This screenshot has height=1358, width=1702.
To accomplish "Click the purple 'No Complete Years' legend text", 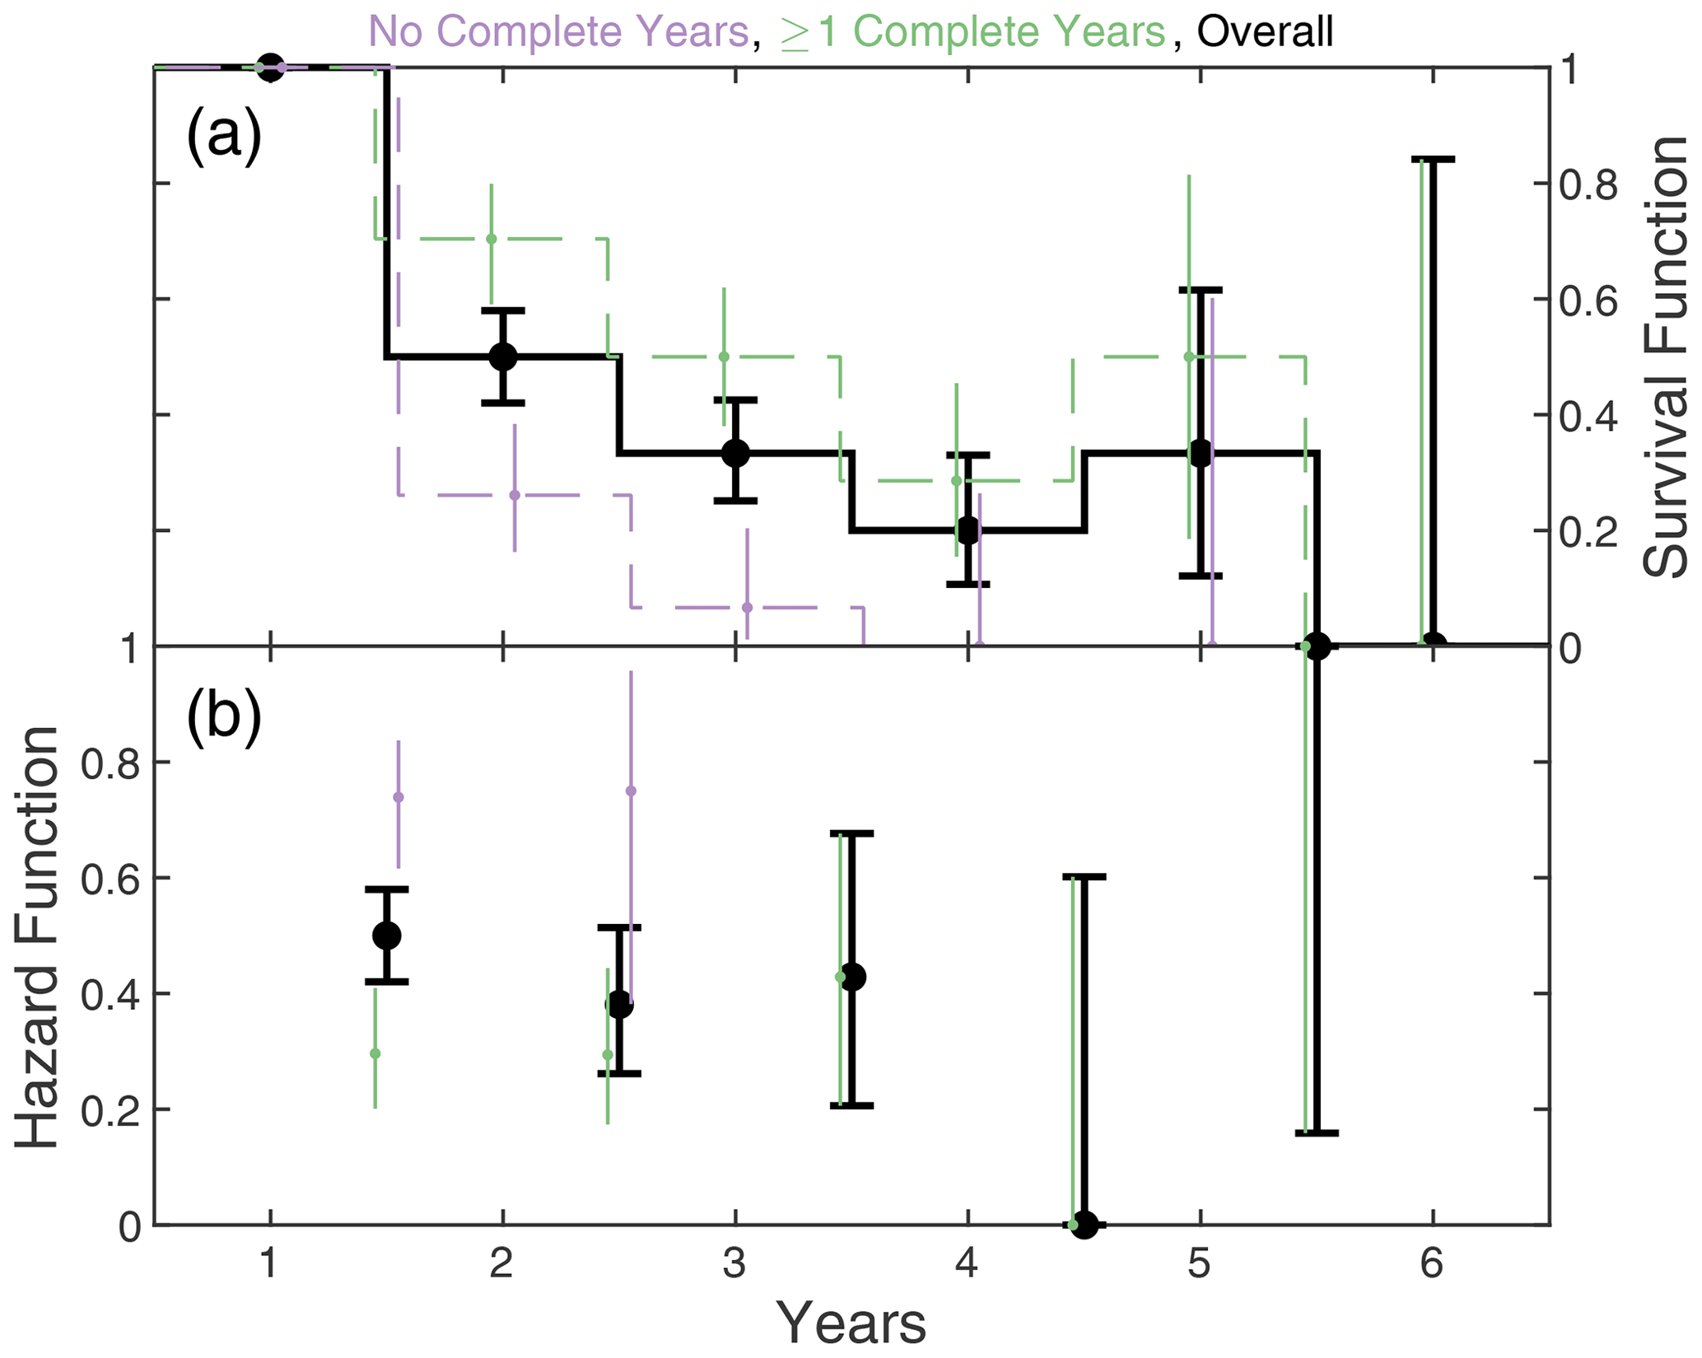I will coord(558,31).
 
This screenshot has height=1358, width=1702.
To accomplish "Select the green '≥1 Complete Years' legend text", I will coord(972,31).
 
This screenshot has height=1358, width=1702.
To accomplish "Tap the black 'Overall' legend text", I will coord(1265,31).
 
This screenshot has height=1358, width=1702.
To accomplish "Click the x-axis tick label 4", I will coord(967,1263).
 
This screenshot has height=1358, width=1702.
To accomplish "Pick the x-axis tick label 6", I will coord(1432,1263).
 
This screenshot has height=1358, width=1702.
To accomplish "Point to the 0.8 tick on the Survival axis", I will coord(1588,185).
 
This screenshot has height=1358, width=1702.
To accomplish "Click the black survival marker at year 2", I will coord(503,357).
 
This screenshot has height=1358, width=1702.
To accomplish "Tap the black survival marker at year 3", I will coord(735,453).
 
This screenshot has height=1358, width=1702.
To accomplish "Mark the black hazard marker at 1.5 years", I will coord(387,936).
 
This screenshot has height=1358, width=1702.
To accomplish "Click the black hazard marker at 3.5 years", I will coord(852,978).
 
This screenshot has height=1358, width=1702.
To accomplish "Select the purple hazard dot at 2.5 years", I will coord(631,791).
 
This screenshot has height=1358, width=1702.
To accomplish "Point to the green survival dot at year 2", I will coord(492,239).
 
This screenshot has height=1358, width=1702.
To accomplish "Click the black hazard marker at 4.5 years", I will coord(1084,1225).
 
